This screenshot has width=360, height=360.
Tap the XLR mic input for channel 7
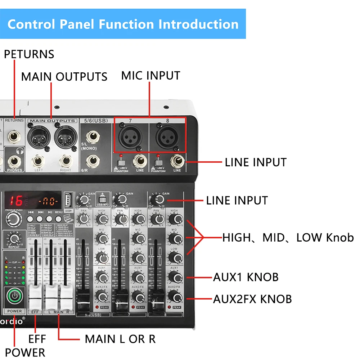(131, 136)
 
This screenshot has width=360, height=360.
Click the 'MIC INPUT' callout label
(150, 76)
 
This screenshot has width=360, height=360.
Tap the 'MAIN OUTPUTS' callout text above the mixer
(64, 77)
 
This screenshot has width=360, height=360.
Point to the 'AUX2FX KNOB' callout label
(252, 299)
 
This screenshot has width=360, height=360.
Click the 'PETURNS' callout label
(29, 54)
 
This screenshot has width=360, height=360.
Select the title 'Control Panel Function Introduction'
(123, 24)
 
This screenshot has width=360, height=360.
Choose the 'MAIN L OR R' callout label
(120, 339)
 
